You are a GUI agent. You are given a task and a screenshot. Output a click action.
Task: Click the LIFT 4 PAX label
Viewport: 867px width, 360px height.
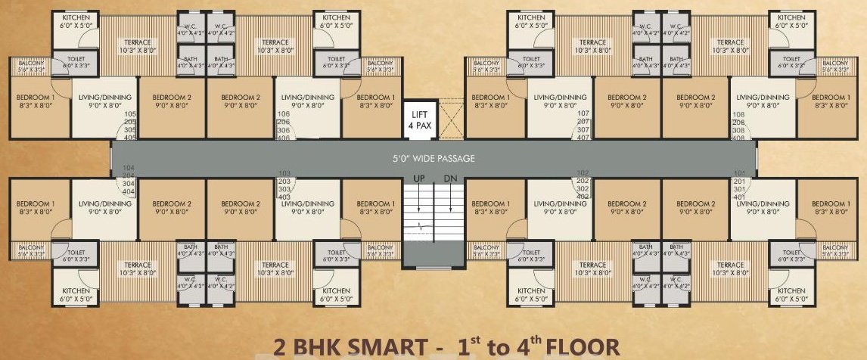420,120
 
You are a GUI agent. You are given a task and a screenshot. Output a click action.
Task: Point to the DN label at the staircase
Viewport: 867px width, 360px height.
451,178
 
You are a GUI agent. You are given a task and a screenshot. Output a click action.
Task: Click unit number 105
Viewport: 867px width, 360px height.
129,114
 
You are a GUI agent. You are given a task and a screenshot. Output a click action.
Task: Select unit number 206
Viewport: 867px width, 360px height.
284,122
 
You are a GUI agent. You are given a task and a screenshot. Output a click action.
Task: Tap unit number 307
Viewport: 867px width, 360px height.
583,129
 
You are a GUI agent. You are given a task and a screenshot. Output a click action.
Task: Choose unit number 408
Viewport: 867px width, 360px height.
738,138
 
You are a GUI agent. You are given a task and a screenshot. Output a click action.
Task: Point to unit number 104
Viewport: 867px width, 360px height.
128,167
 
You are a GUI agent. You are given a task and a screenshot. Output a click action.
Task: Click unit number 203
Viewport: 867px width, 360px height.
284,182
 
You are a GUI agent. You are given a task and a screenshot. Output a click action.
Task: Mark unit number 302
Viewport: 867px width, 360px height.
583,188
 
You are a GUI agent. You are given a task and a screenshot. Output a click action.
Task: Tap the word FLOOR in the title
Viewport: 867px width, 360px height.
583,347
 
